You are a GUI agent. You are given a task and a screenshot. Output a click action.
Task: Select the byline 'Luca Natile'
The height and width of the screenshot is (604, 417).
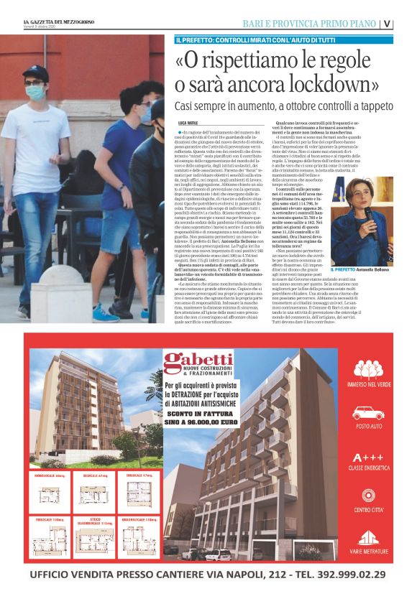[189, 124]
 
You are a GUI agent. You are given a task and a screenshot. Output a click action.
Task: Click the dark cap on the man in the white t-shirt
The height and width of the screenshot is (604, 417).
[34, 72]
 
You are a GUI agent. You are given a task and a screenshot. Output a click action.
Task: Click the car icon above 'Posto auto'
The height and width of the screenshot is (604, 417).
[367, 413]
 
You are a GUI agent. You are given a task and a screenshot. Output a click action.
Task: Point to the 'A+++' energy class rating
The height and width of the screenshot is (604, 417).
[367, 457]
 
